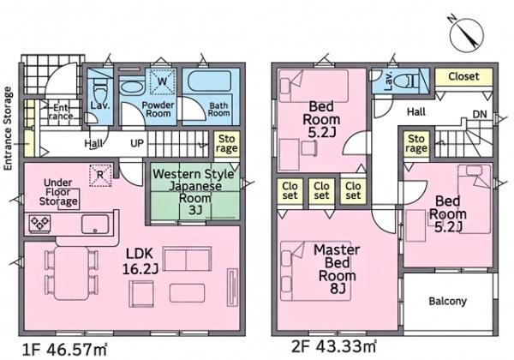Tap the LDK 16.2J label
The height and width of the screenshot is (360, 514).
[x=140, y=261]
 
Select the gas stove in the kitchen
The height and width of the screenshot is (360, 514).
[x=39, y=223]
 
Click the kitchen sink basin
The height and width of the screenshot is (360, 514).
[x=95, y=224]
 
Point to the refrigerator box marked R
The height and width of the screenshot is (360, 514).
[x=100, y=176]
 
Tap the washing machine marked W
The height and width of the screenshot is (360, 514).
[x=162, y=81]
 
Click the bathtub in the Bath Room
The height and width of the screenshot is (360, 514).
[x=211, y=82]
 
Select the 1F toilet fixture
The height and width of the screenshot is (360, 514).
[x=99, y=93]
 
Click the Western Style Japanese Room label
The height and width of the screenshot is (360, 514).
[x=194, y=192]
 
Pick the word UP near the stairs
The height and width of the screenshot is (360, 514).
[x=137, y=144]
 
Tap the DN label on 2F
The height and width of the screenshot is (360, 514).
[x=480, y=115]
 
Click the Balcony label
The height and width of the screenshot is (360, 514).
[x=447, y=301]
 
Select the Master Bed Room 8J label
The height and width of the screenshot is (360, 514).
[x=337, y=269]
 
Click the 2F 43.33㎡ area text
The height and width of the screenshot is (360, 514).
[x=334, y=346]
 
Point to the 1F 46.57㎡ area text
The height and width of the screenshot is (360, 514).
[x=64, y=350]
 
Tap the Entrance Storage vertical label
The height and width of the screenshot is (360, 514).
[x=8, y=129]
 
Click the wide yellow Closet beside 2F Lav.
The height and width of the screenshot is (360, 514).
[x=463, y=77]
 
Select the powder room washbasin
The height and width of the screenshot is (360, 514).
[x=131, y=87]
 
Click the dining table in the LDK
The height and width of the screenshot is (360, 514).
[x=71, y=273]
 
